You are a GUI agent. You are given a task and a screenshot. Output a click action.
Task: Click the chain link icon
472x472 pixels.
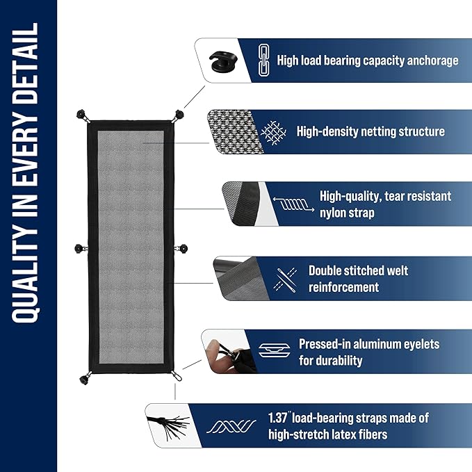264,60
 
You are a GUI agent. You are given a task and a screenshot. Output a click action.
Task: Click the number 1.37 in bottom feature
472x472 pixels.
279,418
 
